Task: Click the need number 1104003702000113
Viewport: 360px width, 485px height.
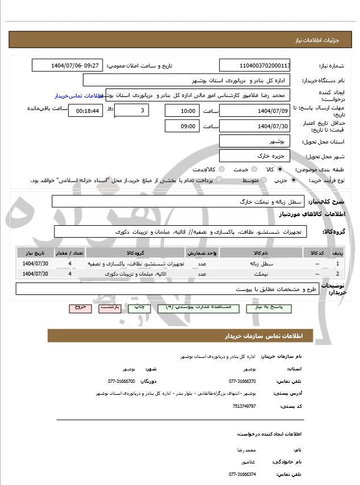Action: click(255, 65)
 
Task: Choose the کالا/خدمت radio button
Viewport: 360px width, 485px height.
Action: click(222, 169)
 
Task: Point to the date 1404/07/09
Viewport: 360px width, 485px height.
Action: click(255, 110)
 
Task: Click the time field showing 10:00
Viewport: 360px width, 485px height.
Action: click(182, 110)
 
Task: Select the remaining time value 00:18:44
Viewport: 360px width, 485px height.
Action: click(85, 110)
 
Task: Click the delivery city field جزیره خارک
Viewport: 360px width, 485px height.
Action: click(255, 155)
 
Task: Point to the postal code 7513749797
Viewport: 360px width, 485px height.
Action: click(244, 406)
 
